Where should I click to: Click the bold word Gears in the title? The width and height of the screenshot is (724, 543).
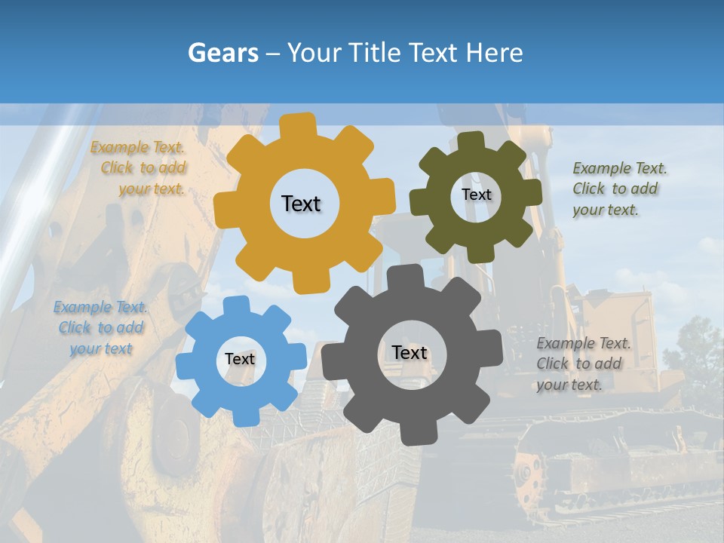[x=223, y=53]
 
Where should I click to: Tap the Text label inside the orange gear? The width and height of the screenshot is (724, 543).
[x=301, y=204]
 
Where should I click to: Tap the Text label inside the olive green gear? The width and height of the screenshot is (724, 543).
[x=476, y=195]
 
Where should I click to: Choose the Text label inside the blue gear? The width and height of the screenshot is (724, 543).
[x=240, y=360]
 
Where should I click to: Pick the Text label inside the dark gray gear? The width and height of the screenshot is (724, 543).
[x=410, y=353]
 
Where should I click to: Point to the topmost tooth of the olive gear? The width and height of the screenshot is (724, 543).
[x=471, y=140]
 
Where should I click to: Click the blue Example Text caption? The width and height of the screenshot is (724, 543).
[x=100, y=328]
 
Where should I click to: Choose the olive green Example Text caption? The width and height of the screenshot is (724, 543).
[x=618, y=189]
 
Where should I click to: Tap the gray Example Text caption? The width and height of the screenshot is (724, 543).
[x=582, y=364]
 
